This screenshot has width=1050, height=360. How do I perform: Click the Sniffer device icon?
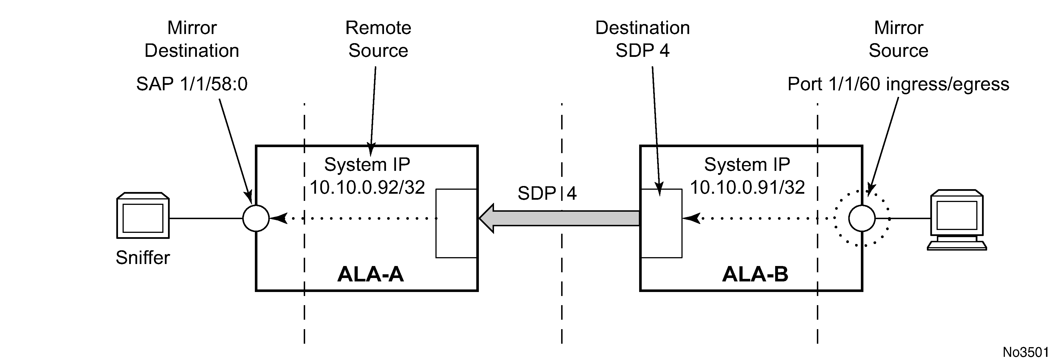[143, 215]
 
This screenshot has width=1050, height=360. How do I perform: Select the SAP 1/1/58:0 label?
[192, 84]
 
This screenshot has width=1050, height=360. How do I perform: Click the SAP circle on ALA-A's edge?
[256, 219]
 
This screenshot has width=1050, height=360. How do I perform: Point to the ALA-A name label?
[370, 274]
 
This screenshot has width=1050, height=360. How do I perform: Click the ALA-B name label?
[755, 274]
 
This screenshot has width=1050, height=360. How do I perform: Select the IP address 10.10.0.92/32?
[367, 187]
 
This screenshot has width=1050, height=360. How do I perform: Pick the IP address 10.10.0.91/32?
[747, 187]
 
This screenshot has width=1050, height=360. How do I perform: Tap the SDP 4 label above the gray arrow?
[547, 193]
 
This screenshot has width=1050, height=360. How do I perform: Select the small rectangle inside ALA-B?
[661, 223]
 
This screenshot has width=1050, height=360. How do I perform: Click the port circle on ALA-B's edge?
[862, 219]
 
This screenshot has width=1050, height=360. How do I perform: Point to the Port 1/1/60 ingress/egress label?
[898, 84]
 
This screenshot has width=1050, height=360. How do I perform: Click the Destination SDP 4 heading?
[642, 39]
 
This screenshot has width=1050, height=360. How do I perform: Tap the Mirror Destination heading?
[192, 39]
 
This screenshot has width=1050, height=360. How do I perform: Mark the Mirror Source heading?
[898, 39]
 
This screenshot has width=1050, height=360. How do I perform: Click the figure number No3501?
[1025, 352]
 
